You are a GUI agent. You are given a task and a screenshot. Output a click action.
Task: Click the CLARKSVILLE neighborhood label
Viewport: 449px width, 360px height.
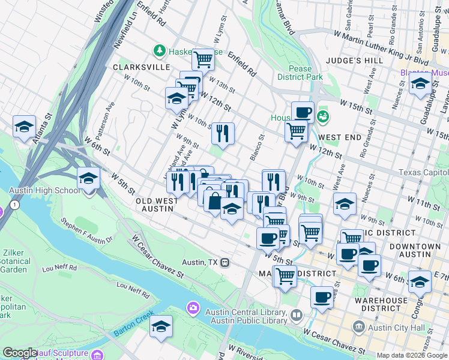point(142,67)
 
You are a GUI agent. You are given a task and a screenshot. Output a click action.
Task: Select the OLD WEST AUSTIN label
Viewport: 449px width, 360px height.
point(155,205)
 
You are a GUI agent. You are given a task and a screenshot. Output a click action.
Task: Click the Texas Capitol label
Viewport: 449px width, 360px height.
point(424,172)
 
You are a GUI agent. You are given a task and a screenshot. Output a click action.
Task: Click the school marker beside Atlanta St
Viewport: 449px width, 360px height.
point(24,127)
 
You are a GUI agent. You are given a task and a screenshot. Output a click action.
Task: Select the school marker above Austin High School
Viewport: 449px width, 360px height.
point(88,179)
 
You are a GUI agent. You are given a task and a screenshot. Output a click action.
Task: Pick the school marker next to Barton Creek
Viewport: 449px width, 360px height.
point(161,327)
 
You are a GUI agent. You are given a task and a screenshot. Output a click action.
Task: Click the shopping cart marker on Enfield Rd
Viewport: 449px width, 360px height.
point(203,59)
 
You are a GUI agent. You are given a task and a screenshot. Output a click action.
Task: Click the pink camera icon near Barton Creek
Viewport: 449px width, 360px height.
point(193,308)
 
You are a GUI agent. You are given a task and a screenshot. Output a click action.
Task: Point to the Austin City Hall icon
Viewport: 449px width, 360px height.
point(359,327)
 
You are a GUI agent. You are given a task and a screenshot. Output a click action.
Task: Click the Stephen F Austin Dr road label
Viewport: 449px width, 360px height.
point(87,231)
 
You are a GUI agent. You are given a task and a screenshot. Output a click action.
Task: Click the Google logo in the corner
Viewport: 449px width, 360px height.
point(20,353)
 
